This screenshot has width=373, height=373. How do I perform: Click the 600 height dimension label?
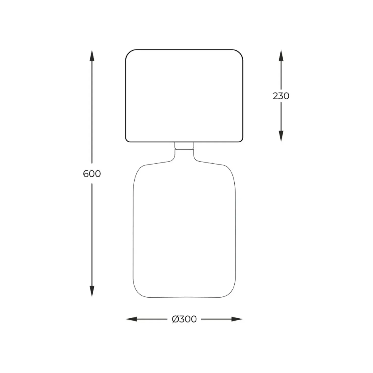click(92, 174)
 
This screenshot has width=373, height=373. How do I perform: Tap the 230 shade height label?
click(281, 96)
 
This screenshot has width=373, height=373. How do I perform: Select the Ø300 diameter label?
click(184, 319)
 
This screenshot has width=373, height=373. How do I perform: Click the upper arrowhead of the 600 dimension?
click(92, 55)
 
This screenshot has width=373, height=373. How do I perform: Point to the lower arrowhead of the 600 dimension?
click(92, 291)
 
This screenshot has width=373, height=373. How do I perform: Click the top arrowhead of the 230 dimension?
click(281, 55)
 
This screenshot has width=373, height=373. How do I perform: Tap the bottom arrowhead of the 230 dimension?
click(281, 136)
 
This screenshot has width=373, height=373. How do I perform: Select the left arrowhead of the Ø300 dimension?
click(132, 319)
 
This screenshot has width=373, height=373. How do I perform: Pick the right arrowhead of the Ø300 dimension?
click(237, 319)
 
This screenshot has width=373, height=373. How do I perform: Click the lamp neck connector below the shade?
click(184, 146)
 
